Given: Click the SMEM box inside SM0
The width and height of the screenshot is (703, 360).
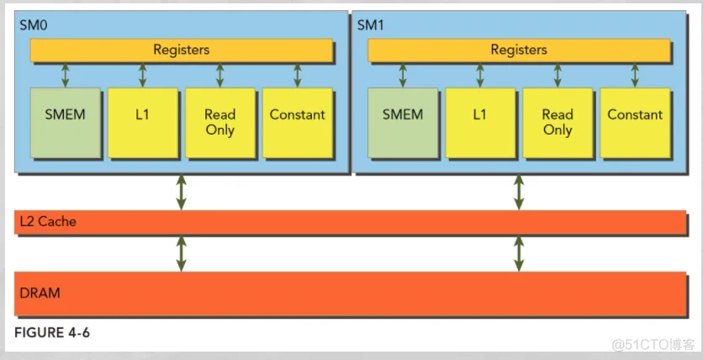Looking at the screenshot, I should [x=64, y=122].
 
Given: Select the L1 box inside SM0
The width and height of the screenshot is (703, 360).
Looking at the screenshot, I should [x=142, y=122].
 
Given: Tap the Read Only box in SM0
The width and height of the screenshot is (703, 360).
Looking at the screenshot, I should [x=219, y=122].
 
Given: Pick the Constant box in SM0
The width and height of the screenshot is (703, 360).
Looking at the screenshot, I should [x=297, y=122].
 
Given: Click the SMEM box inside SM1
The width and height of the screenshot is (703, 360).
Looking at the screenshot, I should [x=402, y=122].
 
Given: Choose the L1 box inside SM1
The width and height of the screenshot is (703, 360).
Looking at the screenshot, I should [x=479, y=122].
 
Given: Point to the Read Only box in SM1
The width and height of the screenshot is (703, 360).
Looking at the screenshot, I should [x=557, y=122].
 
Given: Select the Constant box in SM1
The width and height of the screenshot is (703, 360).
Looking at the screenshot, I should [x=635, y=122].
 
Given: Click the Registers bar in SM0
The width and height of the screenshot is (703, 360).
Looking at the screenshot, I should [x=181, y=50].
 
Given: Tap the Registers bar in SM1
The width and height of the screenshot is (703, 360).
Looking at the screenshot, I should [x=519, y=50].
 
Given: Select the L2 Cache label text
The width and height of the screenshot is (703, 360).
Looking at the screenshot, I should [x=46, y=222].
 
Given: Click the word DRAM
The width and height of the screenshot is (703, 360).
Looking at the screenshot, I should [x=40, y=294].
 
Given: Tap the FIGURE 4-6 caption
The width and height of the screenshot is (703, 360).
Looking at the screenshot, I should [x=52, y=333].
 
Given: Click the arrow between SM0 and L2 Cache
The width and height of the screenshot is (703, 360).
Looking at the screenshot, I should [x=181, y=192].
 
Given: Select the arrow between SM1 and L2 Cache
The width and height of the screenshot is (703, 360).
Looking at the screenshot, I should [x=519, y=192].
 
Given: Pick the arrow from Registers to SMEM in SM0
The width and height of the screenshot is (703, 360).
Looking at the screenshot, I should [x=65, y=75].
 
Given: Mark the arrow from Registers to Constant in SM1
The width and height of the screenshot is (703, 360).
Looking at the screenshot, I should [x=635, y=75].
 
